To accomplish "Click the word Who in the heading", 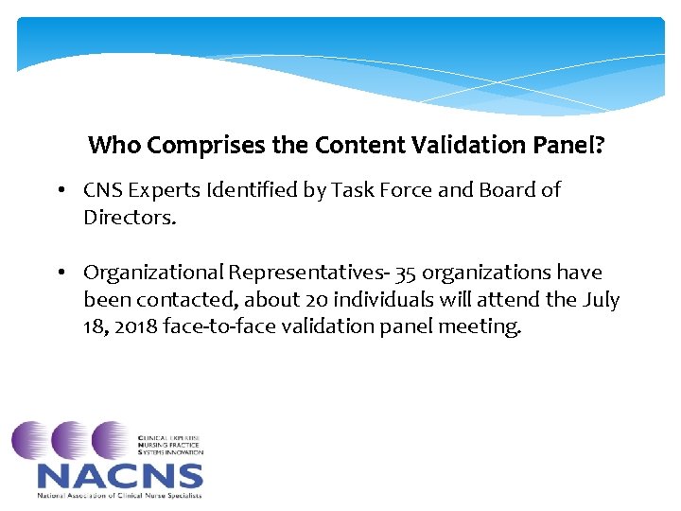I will click(114, 146).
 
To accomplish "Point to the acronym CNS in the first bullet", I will click(102, 190).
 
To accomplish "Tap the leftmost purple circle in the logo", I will click(31, 441).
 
